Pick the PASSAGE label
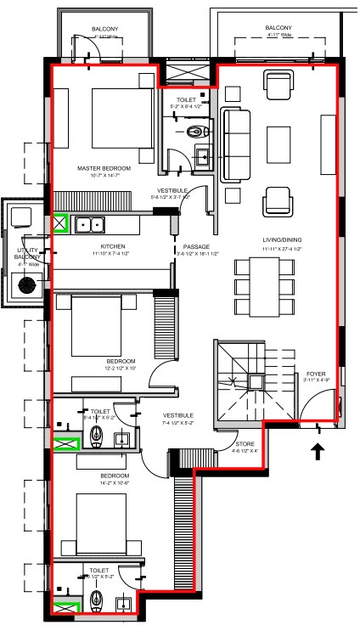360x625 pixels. point(195,247)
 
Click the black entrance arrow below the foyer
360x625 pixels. point(319,451)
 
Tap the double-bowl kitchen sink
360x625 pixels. point(89,225)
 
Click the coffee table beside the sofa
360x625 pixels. point(278,139)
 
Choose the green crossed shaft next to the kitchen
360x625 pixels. point(62,224)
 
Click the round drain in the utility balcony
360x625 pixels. point(28,285)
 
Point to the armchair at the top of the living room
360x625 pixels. point(278,85)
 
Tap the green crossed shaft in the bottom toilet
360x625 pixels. point(65,606)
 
